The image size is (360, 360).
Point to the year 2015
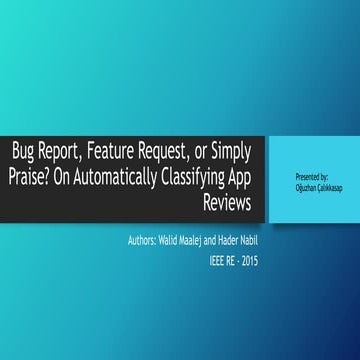[x=257, y=262]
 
